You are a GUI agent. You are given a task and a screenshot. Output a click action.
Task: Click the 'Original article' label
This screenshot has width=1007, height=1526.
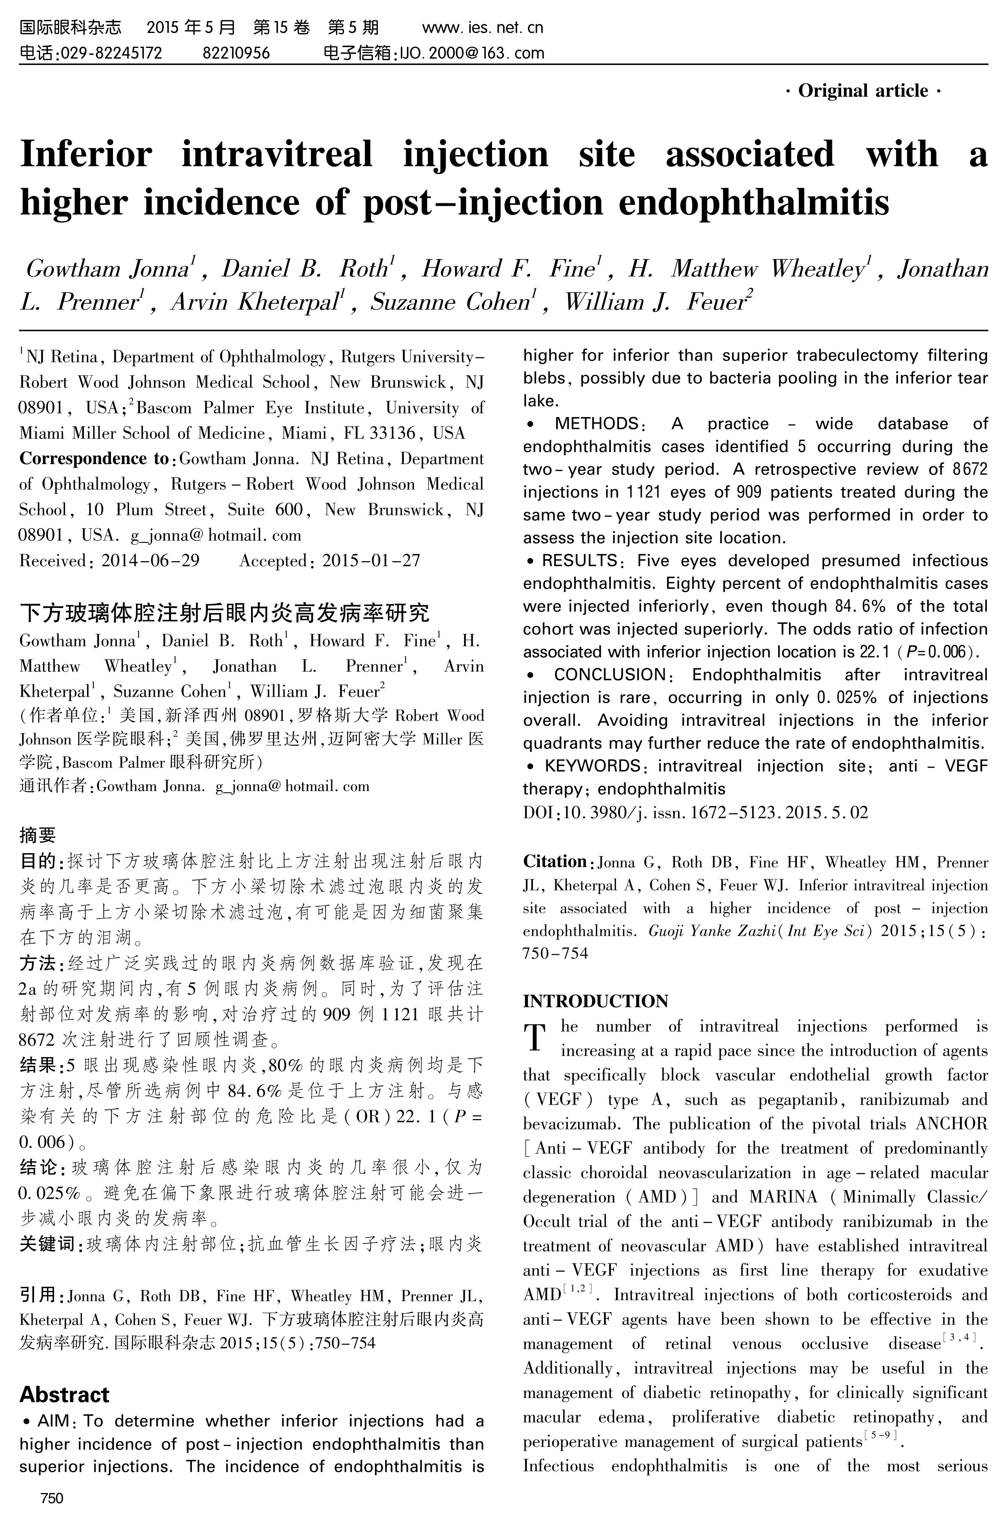click(x=863, y=91)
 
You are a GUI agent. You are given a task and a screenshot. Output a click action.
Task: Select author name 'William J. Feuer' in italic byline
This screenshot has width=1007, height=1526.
click(x=658, y=302)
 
